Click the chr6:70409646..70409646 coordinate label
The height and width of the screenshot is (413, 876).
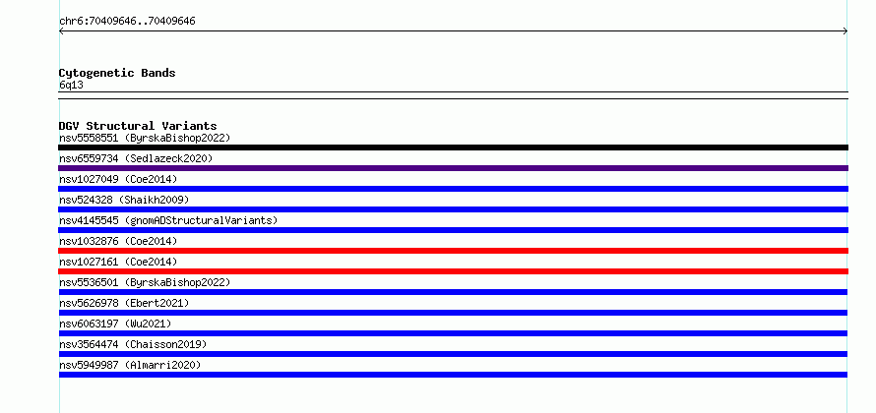pyautogui.click(x=127, y=22)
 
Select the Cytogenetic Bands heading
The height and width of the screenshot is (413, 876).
pyautogui.click(x=117, y=73)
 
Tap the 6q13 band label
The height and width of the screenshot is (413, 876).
pyautogui.click(x=72, y=86)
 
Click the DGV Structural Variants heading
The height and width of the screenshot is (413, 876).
pyautogui.click(x=138, y=126)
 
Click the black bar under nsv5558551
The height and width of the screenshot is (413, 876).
pyautogui.click(x=453, y=147)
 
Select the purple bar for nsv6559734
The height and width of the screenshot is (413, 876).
pyautogui.click(x=453, y=168)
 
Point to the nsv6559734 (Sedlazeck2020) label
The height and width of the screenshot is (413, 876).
pyautogui.click(x=136, y=158)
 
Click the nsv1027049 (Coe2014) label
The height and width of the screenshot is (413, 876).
pyautogui.click(x=118, y=179)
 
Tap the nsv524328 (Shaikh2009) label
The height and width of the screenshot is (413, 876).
pyautogui.click(x=124, y=200)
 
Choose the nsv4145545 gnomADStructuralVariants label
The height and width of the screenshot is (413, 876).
pyautogui.click(x=168, y=220)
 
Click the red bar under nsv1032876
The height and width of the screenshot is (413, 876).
pyautogui.click(x=453, y=251)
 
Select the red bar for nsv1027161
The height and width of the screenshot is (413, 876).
pyautogui.click(x=453, y=271)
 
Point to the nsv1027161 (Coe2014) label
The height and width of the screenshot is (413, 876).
pyautogui.click(x=118, y=262)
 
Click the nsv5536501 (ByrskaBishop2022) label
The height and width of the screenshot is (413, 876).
pyautogui.click(x=145, y=282)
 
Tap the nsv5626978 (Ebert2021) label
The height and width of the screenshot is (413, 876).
pyautogui.click(x=124, y=303)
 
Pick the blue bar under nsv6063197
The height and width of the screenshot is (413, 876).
pyautogui.click(x=453, y=333)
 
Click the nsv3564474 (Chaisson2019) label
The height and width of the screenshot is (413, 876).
pyautogui.click(x=133, y=344)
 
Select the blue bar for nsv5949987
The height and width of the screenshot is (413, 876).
pyautogui.click(x=453, y=375)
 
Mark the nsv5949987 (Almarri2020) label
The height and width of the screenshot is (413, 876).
pyautogui.click(x=130, y=365)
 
